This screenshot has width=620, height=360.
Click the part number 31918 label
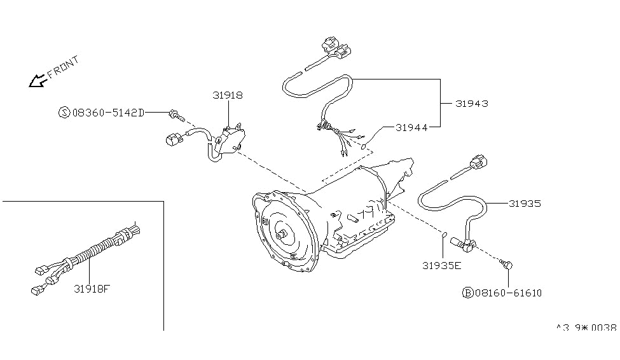[x=227, y=95]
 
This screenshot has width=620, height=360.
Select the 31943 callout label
[x=472, y=103]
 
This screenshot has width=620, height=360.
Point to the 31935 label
[x=525, y=204]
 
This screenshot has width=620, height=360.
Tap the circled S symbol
[x=64, y=113]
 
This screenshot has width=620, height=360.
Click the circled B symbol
[x=467, y=293]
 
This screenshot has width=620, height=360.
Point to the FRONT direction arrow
[x=36, y=81]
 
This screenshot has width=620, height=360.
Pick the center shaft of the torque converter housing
[x=280, y=233]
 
